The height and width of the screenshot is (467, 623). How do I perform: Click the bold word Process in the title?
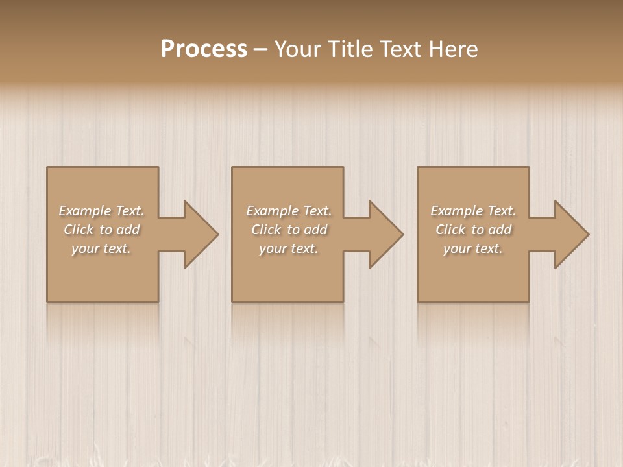point(204,49)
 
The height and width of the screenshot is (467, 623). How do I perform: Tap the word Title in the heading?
point(351,49)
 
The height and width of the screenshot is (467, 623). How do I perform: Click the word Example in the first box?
point(84,211)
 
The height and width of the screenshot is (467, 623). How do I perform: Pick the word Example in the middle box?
point(272,211)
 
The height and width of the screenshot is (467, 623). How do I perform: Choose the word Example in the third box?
point(456,211)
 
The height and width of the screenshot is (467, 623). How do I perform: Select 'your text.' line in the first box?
point(101,248)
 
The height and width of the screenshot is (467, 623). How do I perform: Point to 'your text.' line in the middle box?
point(289,248)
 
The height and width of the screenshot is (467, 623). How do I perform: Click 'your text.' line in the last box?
point(473,248)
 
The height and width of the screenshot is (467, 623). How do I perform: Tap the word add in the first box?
point(128,230)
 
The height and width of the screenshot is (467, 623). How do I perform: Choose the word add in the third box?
point(500,230)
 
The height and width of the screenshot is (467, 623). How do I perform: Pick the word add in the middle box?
point(316,230)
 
